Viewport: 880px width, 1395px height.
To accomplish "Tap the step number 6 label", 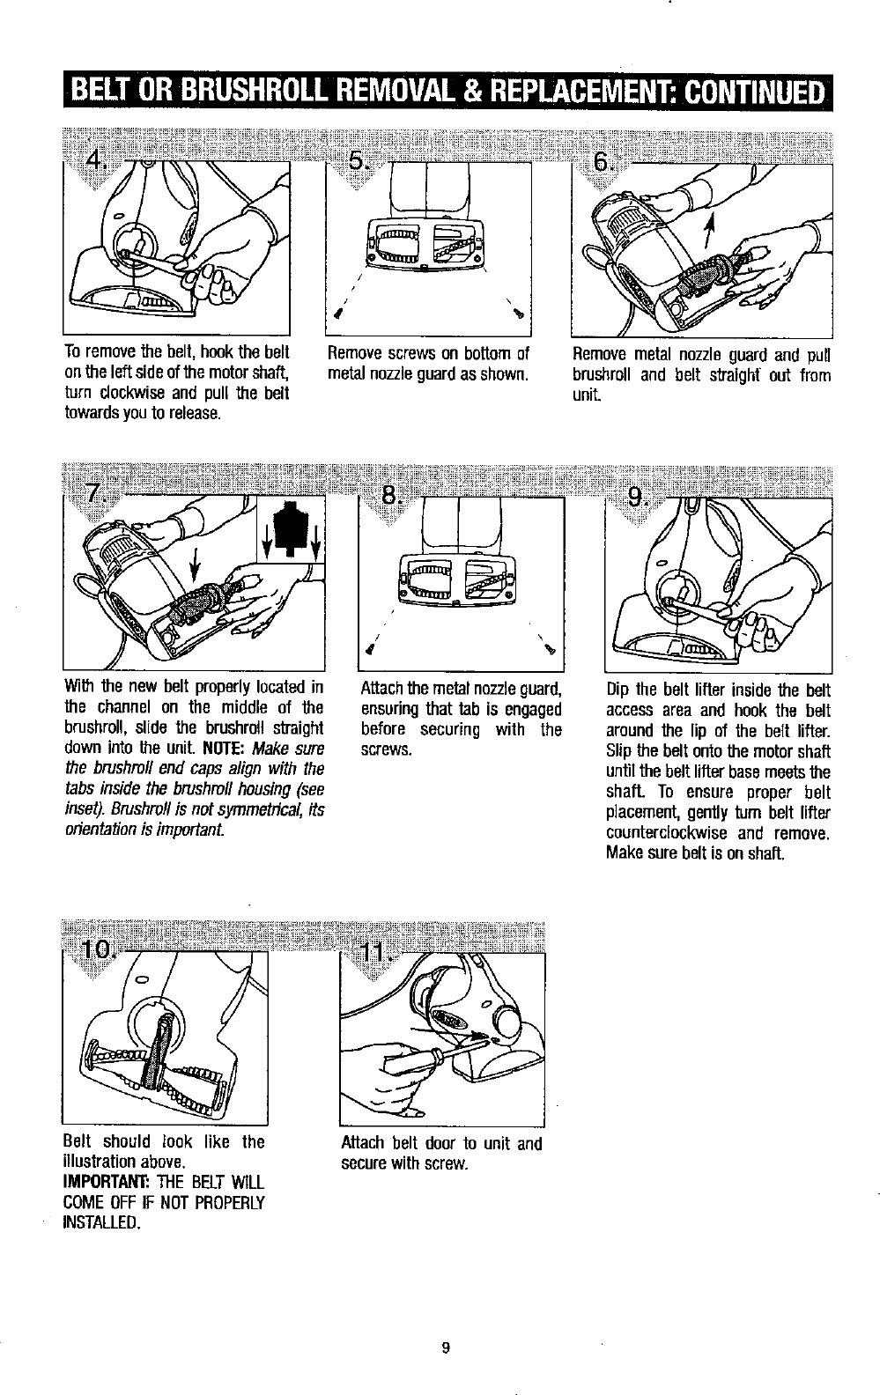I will [x=603, y=162].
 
